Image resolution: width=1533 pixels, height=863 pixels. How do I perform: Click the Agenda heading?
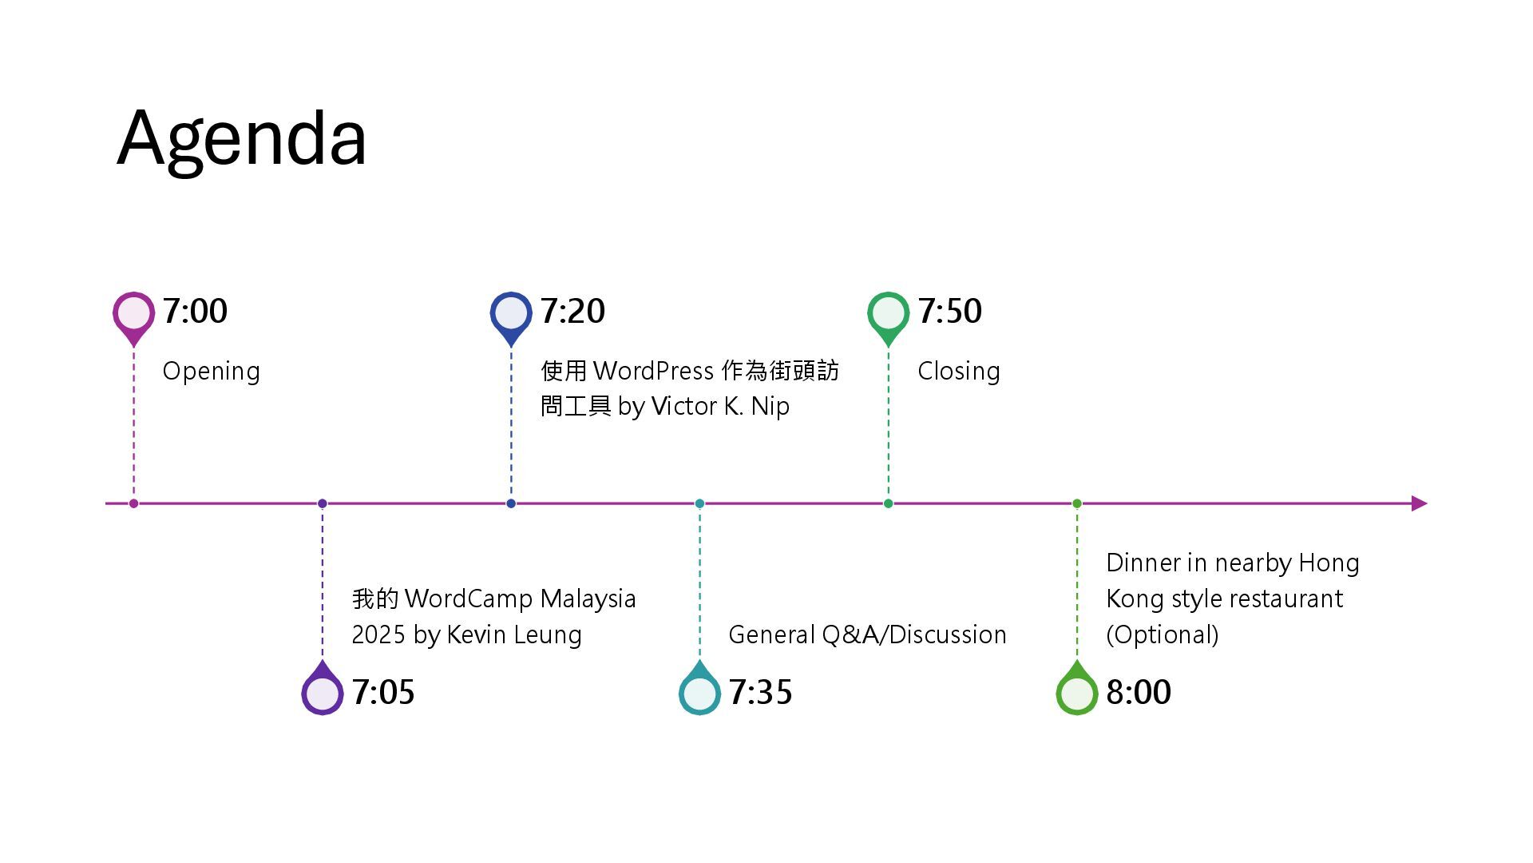point(241,139)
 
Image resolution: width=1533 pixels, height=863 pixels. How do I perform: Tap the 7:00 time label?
point(195,311)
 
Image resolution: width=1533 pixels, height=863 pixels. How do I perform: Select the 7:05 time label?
point(383,692)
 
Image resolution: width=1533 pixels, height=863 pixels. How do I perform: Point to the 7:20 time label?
point(572,311)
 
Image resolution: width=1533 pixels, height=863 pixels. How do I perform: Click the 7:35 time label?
point(760,692)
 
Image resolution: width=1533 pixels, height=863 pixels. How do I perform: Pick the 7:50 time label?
point(949,311)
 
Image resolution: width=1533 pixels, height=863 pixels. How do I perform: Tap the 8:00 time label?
point(1139,692)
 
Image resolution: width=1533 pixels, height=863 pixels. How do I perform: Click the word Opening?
point(211,372)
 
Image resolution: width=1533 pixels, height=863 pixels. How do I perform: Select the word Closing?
point(958,372)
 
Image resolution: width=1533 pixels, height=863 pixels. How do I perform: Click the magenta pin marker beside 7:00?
point(133,313)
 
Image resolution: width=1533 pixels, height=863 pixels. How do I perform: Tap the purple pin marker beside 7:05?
point(323,692)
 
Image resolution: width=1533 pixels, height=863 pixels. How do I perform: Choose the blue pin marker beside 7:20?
point(511,313)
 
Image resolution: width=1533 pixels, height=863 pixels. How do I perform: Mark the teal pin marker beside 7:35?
point(699,692)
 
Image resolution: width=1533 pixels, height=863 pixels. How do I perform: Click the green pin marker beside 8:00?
point(1076,692)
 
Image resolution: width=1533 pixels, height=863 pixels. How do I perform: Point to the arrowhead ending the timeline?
point(1419,503)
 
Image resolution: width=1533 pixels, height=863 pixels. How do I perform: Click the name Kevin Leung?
point(513,634)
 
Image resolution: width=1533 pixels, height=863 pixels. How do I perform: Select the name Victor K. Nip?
point(720,407)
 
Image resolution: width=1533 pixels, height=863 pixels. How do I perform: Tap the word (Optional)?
point(1162,634)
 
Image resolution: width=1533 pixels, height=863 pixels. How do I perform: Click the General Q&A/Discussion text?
point(867,634)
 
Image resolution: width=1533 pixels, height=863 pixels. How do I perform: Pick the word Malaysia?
point(588,599)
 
